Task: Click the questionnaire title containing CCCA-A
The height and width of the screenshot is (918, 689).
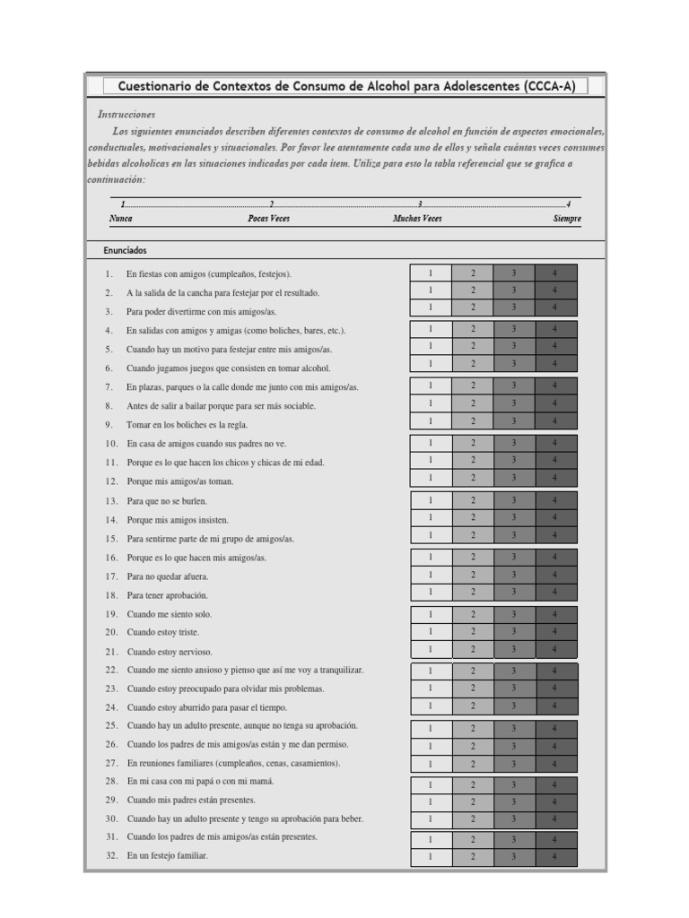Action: (340, 86)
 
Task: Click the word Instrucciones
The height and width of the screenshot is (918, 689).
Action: (126, 115)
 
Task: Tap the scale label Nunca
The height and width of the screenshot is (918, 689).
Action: (121, 219)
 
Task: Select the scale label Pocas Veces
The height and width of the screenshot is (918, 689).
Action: (268, 219)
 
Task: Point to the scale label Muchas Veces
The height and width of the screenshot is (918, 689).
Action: (417, 219)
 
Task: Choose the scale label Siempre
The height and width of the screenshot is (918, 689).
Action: (567, 219)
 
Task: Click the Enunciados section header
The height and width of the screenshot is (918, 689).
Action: (125, 251)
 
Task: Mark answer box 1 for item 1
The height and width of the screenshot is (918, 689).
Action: (431, 273)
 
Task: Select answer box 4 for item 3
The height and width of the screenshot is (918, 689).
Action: (555, 307)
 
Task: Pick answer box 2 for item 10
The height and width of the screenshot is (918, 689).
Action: (473, 443)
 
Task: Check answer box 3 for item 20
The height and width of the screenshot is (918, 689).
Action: (514, 632)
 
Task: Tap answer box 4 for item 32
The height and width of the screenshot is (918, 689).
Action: (555, 857)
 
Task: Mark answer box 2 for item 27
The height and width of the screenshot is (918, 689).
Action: (473, 764)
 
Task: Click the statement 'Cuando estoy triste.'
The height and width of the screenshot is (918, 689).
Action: (163, 633)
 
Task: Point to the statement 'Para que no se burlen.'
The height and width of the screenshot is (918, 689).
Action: (168, 501)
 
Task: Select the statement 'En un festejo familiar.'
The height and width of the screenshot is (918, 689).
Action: (167, 856)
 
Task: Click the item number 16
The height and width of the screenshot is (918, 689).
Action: (111, 558)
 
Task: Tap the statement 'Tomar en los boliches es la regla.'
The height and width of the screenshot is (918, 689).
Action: (188, 425)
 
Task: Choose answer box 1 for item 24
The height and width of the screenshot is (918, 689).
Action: (431, 706)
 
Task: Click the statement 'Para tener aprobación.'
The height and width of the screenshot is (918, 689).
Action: (167, 595)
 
